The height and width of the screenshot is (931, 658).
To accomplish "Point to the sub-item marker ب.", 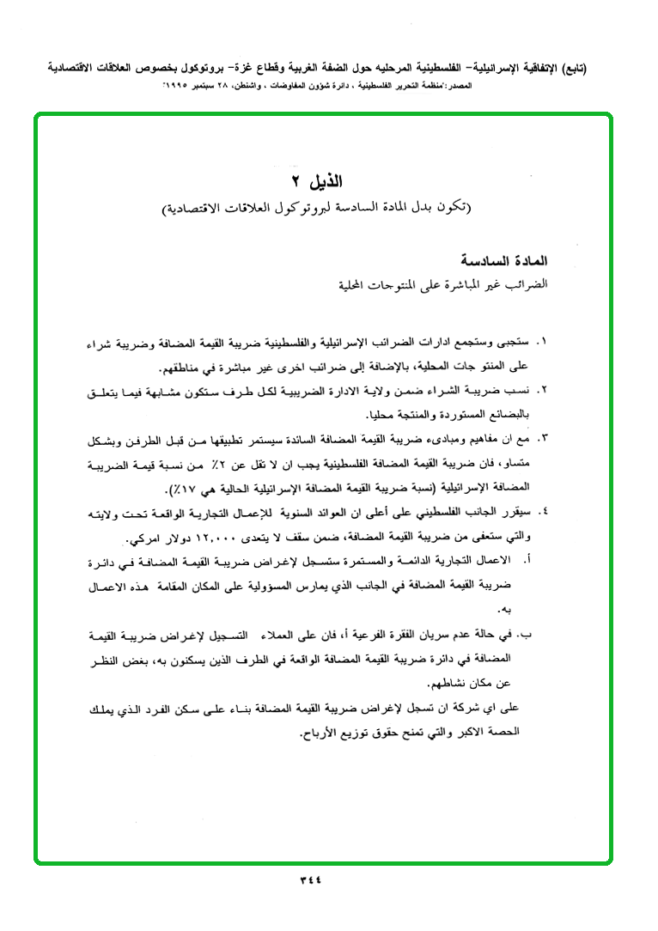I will (527, 636).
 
